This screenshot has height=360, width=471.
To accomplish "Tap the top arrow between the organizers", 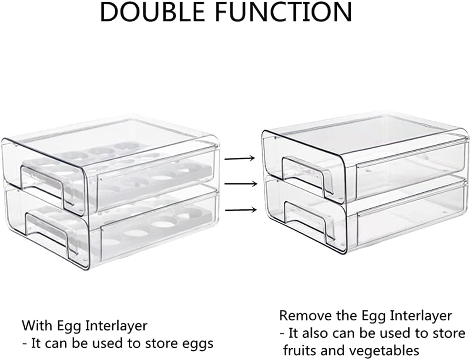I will [x=240, y=158].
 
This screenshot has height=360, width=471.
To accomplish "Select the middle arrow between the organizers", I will [x=240, y=184].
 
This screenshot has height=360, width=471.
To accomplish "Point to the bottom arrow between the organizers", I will [x=240, y=209].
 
